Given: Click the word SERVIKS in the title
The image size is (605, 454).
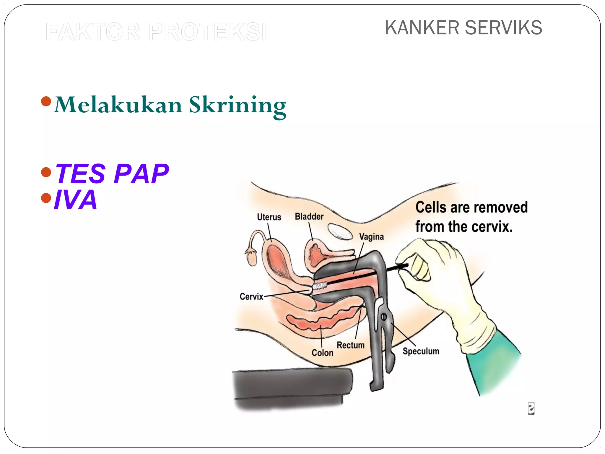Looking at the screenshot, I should click(x=503, y=28).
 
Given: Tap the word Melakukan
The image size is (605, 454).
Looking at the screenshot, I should click(x=118, y=105).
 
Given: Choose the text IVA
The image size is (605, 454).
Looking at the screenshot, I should click(x=76, y=200).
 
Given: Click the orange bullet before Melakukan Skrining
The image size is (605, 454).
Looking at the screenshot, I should click(x=46, y=101).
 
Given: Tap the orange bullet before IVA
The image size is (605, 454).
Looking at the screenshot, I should click(x=46, y=198).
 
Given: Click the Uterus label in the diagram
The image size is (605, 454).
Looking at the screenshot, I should click(x=269, y=217).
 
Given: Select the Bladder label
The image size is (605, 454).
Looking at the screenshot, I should click(x=309, y=217).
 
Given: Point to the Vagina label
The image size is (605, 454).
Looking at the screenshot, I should click(x=371, y=237).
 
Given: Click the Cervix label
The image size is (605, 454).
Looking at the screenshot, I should click(x=251, y=296).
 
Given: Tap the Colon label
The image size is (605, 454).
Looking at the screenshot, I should click(x=322, y=353).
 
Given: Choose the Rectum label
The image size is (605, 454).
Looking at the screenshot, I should click(x=350, y=345).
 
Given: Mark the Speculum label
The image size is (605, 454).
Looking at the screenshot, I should click(x=421, y=351).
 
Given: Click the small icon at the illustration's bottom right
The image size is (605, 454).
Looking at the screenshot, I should click(x=531, y=409).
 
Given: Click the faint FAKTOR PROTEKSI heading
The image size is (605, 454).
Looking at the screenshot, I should click(x=156, y=32).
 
